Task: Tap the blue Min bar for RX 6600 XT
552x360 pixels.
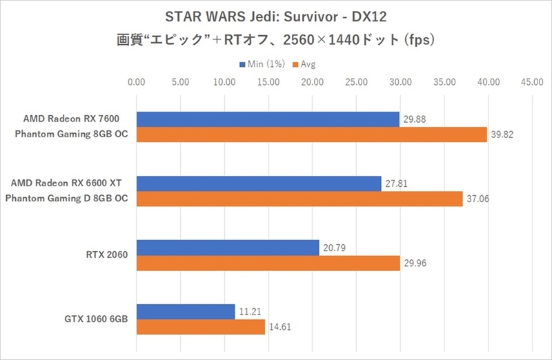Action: pos(259,183)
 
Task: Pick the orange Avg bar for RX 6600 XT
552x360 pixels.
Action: pos(299,199)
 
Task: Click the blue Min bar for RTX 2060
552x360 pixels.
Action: pos(228,248)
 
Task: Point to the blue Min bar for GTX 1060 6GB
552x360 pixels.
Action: pos(186,312)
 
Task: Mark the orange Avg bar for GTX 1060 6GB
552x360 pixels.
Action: pos(201,327)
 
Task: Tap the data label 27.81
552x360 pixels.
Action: pos(396,183)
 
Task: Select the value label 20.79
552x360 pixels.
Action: pos(334,248)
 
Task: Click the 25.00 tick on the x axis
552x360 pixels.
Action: pos(356,82)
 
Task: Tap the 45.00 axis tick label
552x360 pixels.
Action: pos(531,82)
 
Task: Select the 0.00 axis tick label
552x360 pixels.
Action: pos(137,82)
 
